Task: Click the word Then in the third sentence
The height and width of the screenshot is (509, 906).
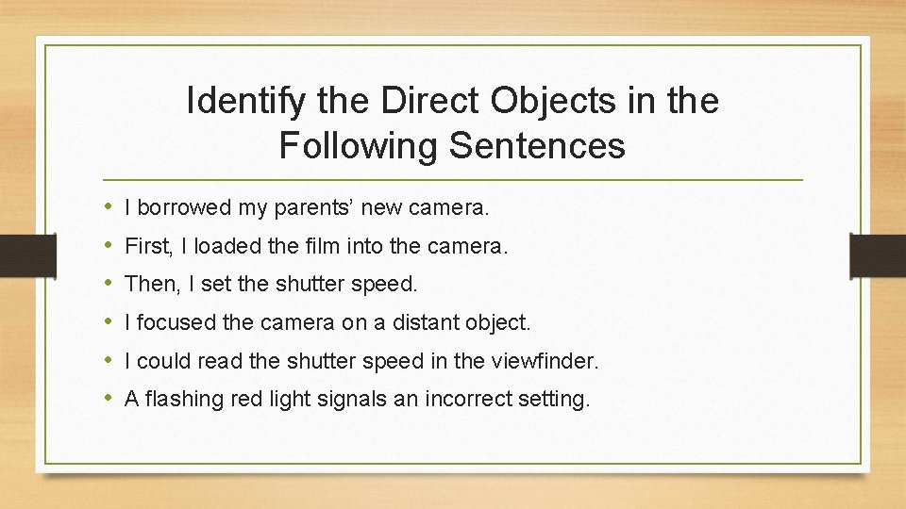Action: pyautogui.click(x=148, y=284)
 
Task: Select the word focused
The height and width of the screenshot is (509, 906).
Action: pyautogui.click(x=176, y=322)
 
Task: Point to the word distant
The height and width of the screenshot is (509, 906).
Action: pyautogui.click(x=423, y=322)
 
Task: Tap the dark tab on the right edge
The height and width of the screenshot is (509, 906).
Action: pyautogui.click(x=877, y=255)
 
